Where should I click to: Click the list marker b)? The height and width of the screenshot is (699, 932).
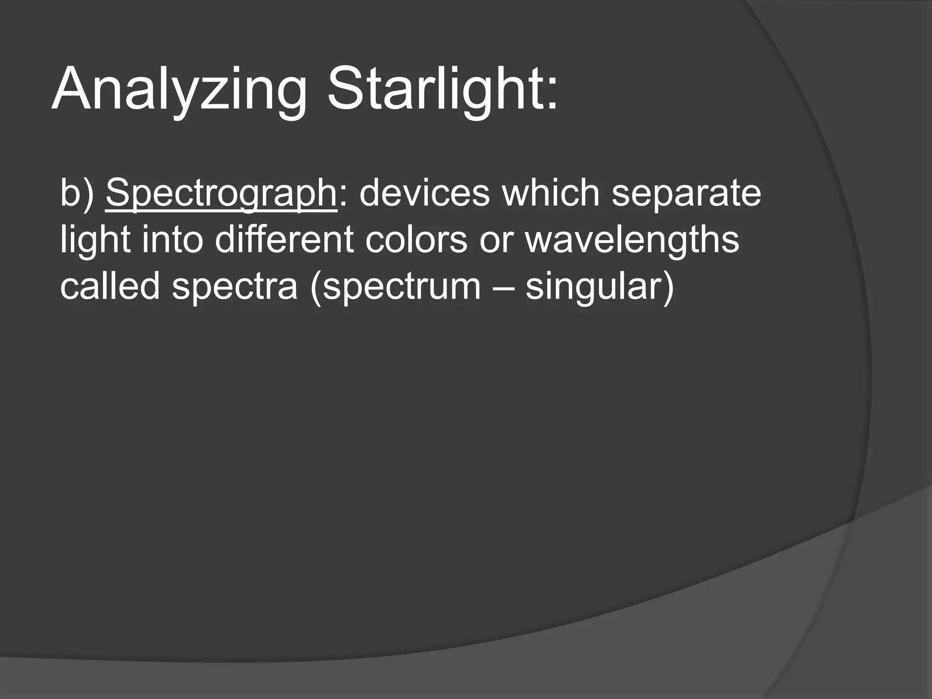(x=77, y=193)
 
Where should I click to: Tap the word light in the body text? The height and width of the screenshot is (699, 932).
(x=96, y=240)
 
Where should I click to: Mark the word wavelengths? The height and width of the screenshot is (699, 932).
(x=632, y=240)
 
